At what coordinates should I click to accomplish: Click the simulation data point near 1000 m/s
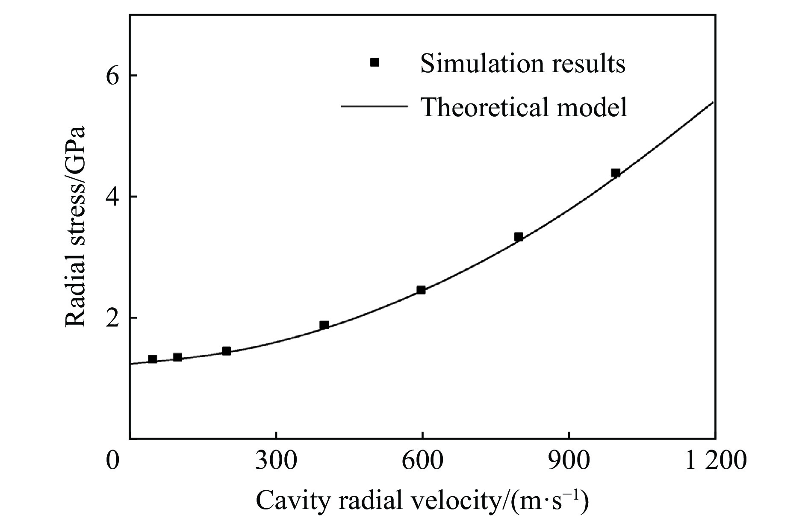(x=616, y=173)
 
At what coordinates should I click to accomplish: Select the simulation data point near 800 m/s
(x=519, y=237)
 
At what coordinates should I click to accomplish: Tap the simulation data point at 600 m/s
(x=421, y=290)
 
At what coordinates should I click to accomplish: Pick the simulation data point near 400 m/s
(x=324, y=325)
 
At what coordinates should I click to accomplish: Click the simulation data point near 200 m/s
(x=227, y=351)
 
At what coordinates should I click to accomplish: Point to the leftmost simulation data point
(x=153, y=359)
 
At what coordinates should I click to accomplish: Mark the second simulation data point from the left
(x=177, y=357)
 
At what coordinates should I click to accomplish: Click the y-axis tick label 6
(x=112, y=76)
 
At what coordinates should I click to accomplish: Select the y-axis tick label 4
(x=112, y=197)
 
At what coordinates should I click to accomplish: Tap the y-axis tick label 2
(x=112, y=318)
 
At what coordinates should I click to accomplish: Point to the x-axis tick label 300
(x=277, y=462)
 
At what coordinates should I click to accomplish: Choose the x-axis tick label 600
(x=422, y=462)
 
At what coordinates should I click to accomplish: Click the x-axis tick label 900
(x=569, y=462)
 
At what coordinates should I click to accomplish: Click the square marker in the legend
(x=375, y=62)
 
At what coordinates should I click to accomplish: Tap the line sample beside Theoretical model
(x=373, y=106)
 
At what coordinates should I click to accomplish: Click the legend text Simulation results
(x=523, y=63)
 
